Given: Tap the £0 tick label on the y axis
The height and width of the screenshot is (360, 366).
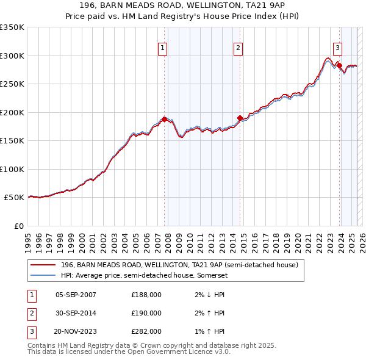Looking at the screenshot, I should click(x=18, y=226).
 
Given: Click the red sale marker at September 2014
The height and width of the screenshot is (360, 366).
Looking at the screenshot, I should click(x=240, y=118).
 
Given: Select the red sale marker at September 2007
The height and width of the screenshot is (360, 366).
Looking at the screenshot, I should click(x=164, y=119).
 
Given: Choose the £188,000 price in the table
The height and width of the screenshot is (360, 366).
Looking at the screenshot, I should click(x=146, y=295).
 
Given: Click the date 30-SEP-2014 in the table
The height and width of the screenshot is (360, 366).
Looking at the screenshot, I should click(x=76, y=313).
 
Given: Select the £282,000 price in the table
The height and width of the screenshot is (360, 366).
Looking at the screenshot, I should click(x=146, y=332).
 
